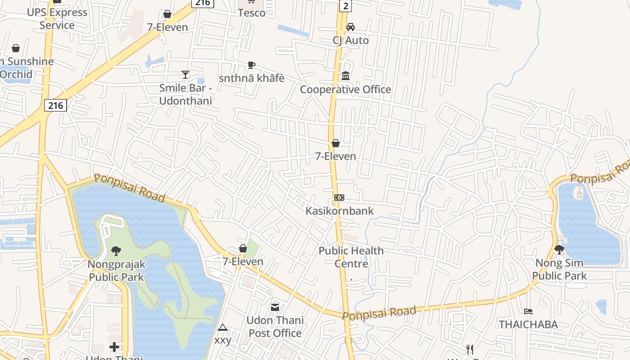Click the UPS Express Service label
pos(57,18)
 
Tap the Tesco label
pos(252,13)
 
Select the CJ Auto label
pos(351,40)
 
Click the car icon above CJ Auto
pos(351,27)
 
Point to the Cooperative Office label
pos(345,89)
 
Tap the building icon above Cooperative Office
pos(346,76)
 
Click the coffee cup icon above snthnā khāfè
pos(252,65)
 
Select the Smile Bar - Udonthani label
pos(185,94)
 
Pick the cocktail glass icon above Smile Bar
pos(185,74)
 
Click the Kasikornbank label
pos(339,211)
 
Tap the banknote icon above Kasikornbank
pos(339,198)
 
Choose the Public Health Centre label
pos(351,257)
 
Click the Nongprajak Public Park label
pos(117,270)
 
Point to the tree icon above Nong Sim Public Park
pos(559,249)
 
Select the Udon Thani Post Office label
pos(275,327)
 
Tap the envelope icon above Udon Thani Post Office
pos(275,307)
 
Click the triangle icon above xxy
pos(222,327)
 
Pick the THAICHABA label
pos(528,324)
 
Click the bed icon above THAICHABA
pos(528,311)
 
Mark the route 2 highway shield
pos(345,5)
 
